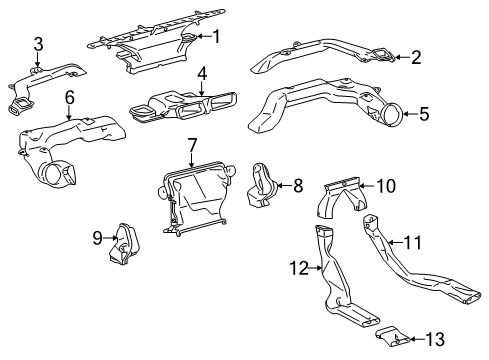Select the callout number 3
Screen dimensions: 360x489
tap(38, 43)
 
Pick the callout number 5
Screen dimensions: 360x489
tap(424, 115)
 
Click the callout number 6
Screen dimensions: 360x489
tap(70, 97)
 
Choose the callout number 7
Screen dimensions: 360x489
tap(192, 147)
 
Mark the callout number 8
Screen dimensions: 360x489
tap(297, 185)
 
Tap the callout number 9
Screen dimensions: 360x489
tap(98, 237)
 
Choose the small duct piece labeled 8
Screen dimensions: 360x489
tap(264, 187)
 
